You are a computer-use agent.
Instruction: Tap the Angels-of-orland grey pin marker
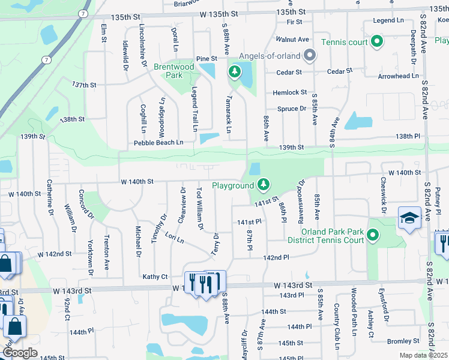pos(310,56)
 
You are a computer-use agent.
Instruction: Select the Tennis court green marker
pos(377,41)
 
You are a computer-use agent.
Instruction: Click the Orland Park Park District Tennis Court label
pos(326,236)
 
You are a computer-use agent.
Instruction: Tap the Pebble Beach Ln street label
pos(158,142)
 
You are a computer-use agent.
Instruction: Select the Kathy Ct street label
pos(154,277)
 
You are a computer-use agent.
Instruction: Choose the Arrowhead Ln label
pos(398,76)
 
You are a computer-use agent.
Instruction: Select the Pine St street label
pos(205,58)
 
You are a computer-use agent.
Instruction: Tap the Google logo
pos(20,353)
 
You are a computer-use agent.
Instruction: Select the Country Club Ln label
pos(337,327)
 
